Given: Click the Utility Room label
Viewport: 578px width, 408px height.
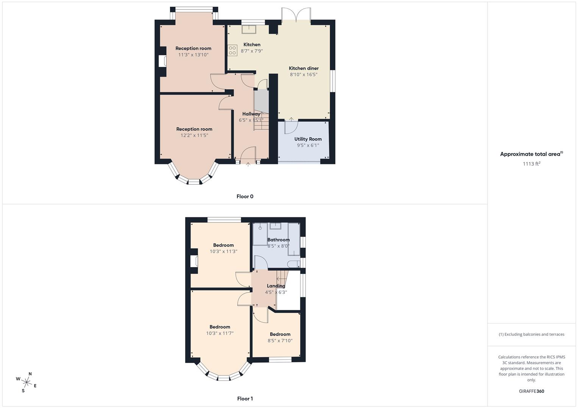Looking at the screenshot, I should click(x=308, y=139).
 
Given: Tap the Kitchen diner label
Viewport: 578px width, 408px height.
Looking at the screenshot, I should click(x=304, y=68).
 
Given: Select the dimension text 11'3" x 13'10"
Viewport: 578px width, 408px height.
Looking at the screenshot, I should click(x=193, y=55).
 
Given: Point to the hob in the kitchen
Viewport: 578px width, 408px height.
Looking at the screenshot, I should click(x=232, y=50).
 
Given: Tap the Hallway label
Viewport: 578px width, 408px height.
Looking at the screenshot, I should click(x=251, y=114).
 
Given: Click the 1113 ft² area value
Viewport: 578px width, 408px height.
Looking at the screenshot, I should click(x=531, y=164).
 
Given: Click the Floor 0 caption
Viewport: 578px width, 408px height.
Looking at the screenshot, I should click(x=245, y=196).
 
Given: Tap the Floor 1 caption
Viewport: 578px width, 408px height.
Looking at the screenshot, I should click(x=245, y=399).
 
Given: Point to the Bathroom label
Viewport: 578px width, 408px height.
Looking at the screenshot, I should click(x=278, y=240).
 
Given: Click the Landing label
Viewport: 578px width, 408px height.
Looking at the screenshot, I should click(x=276, y=286).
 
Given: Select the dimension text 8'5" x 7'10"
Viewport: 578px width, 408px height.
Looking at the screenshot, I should click(x=280, y=341).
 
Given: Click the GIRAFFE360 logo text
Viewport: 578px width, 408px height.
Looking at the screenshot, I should click(x=531, y=391).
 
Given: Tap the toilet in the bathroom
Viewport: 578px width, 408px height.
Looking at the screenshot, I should click(x=293, y=264).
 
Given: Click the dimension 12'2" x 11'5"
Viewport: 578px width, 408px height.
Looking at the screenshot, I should click(x=194, y=135).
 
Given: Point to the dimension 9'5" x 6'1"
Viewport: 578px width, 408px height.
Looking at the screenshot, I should click(x=308, y=145).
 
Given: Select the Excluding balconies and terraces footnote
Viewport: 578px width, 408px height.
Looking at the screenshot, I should click(x=531, y=334).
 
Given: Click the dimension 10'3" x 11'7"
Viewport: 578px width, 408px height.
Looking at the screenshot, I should click(x=220, y=334).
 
